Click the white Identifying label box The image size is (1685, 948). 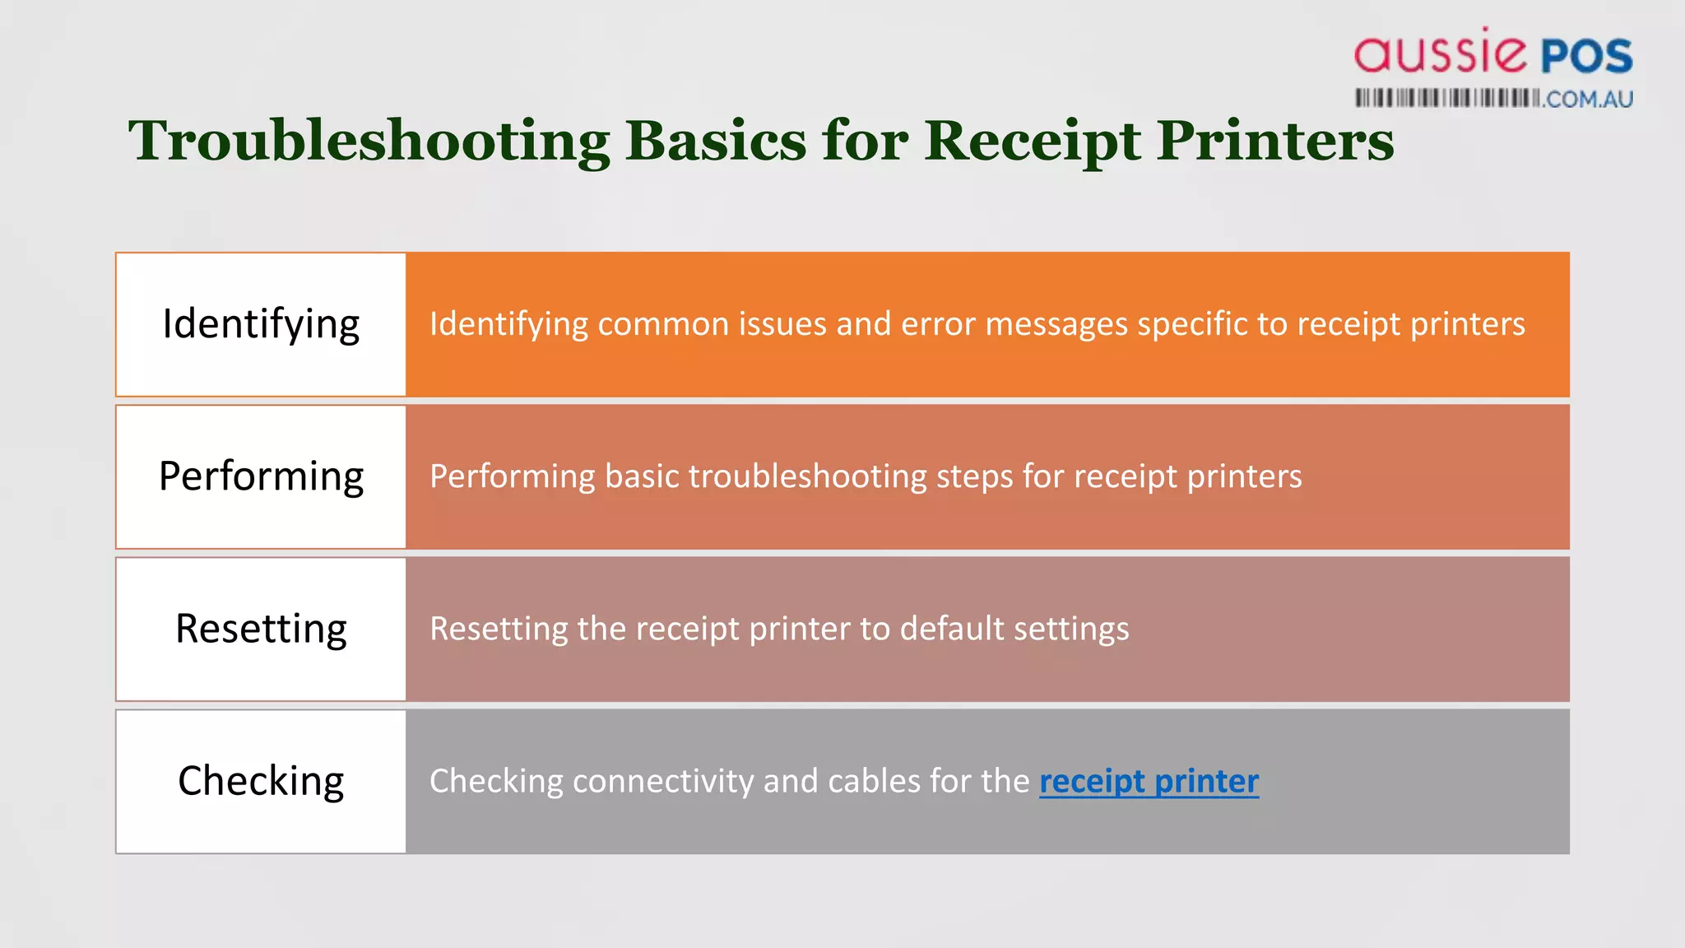click(x=261, y=324)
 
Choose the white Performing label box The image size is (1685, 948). click(x=261, y=476)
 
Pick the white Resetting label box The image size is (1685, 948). click(x=261, y=629)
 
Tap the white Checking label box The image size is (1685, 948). click(x=261, y=781)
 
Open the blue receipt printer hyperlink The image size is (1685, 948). click(x=1149, y=781)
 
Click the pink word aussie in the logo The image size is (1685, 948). click(x=1440, y=53)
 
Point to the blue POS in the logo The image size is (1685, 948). click(x=1586, y=56)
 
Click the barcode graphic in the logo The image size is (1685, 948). click(x=1446, y=99)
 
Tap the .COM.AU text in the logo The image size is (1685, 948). click(x=1588, y=100)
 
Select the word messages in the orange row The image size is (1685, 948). click(x=1056, y=324)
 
